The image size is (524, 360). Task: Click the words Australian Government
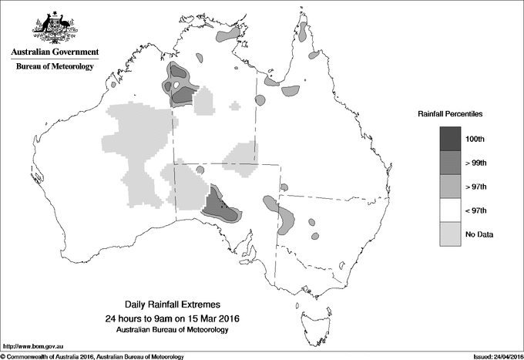tap(54, 52)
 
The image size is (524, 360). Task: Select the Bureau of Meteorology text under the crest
tap(54, 67)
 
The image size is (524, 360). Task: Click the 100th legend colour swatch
tap(450, 138)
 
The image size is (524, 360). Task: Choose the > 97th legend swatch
tap(450, 186)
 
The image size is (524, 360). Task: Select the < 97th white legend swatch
tap(450, 210)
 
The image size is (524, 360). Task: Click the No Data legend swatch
tap(450, 234)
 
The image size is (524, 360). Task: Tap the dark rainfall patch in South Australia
tap(222, 205)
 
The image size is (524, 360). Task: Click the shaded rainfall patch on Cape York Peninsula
tap(304, 32)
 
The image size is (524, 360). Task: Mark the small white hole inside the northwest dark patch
tap(176, 85)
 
